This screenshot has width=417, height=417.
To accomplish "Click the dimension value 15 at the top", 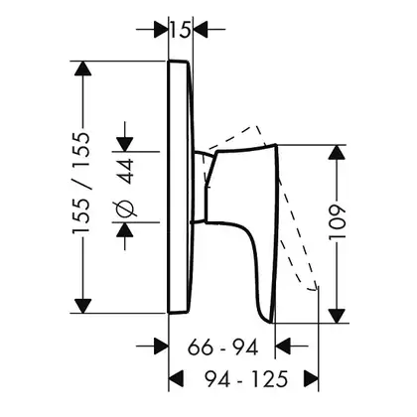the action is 181,29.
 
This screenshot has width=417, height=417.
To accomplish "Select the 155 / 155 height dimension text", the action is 81,184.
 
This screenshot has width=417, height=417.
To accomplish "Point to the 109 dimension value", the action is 338,222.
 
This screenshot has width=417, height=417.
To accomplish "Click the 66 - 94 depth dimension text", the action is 222,347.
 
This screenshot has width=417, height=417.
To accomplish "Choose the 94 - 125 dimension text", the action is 246,379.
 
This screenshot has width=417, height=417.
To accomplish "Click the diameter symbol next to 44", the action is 125,209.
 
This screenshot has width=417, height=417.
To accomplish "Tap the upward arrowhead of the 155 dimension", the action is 82,69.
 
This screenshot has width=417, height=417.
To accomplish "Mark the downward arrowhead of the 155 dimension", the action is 82,306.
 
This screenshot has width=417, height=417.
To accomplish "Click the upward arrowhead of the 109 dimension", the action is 338,152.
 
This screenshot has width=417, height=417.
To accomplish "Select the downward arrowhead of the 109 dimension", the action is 338,316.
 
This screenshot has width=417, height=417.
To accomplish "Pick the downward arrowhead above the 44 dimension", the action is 125,144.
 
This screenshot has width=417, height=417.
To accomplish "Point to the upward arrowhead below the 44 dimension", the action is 125,229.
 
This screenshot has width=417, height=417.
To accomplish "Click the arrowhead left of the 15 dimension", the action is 161,29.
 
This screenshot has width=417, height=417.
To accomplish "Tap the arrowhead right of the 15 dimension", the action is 200,29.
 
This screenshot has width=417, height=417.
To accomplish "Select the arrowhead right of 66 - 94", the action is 283,347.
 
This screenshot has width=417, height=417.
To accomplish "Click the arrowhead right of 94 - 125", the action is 311,378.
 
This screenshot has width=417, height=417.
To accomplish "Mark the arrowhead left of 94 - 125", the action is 176,378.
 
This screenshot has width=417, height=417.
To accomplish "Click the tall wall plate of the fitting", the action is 180,187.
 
